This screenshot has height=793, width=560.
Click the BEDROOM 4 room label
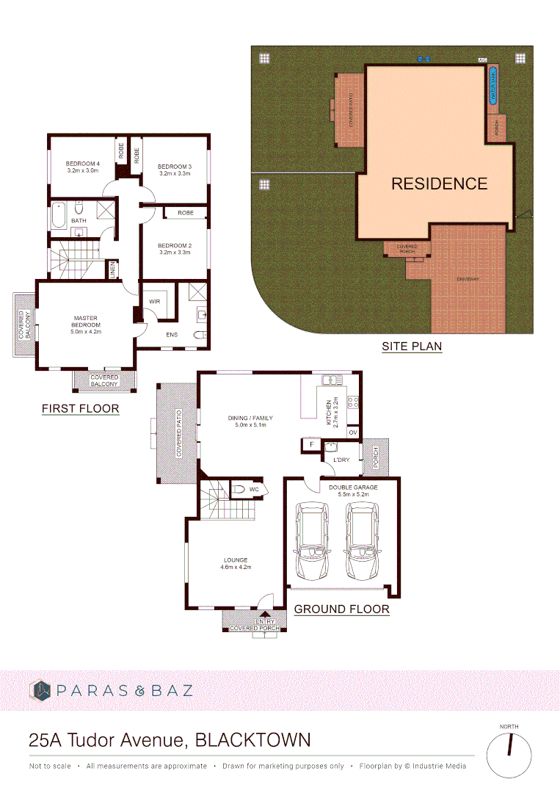82,163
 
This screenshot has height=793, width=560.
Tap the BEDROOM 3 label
174,167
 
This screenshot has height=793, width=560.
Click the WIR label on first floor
155,301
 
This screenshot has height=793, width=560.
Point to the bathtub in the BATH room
59,211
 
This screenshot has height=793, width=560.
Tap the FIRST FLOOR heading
80,408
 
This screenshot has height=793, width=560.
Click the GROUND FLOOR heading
341,609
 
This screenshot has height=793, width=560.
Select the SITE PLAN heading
412,347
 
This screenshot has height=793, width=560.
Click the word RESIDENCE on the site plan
439,184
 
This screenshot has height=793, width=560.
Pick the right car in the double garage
362,541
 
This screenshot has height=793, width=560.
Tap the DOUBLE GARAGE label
353,488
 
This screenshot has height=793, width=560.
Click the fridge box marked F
311,444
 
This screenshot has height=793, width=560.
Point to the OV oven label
353,432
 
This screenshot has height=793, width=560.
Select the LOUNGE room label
236,560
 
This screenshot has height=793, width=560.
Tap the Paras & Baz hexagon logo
40,690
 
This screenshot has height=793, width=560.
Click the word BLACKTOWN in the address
252,739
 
